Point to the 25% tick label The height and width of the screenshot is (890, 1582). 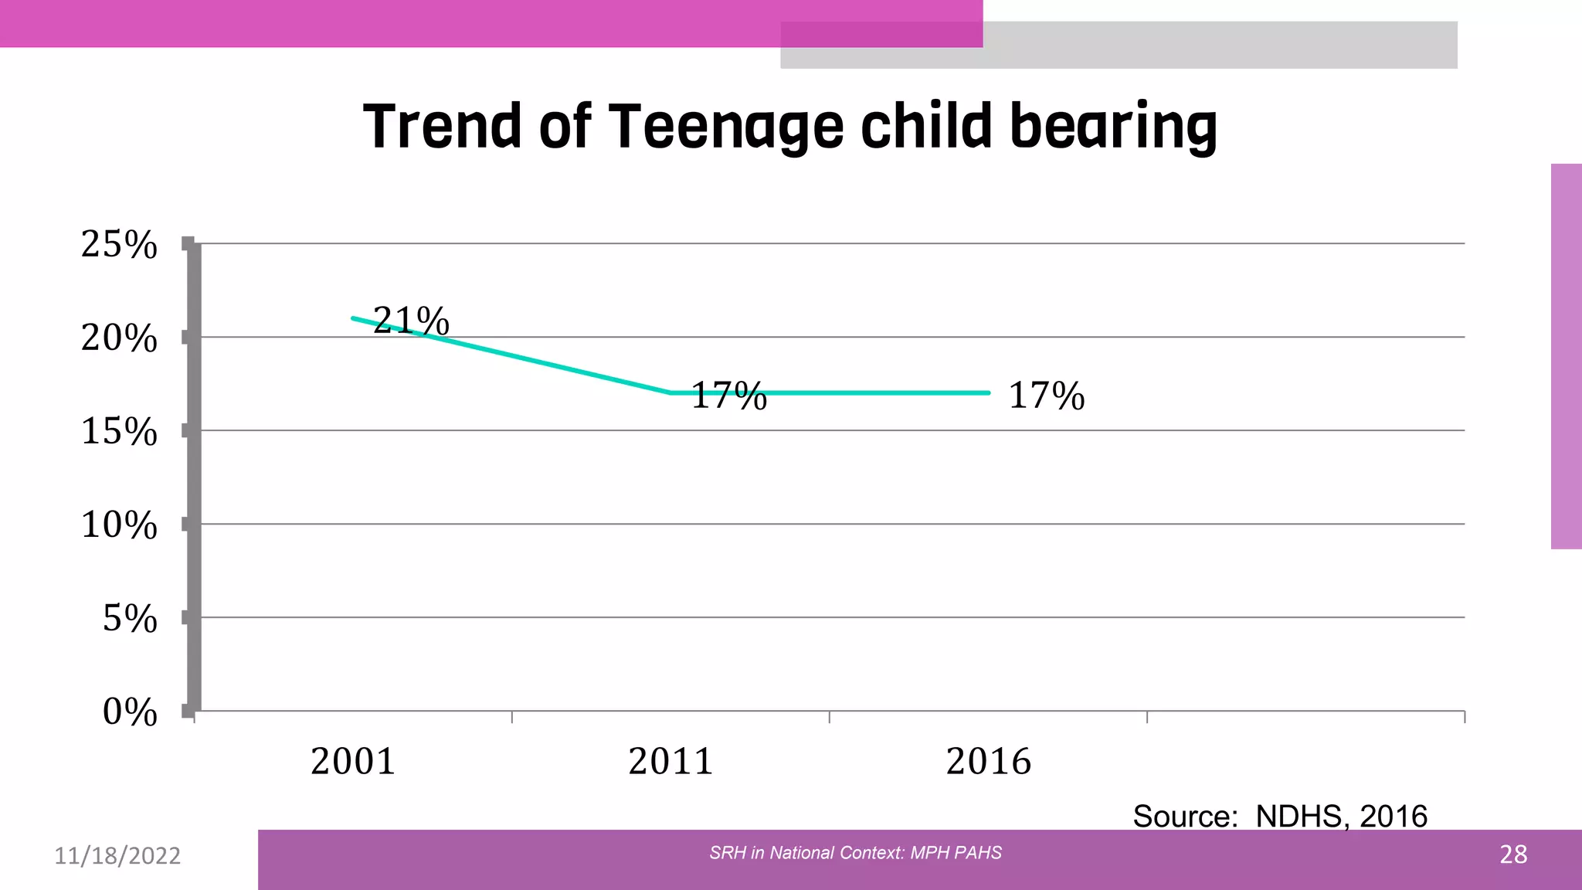coord(119,245)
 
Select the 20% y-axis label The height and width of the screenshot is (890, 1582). coord(119,338)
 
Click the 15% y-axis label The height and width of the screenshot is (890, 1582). coord(119,431)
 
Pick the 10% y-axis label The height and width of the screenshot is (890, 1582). coord(119,525)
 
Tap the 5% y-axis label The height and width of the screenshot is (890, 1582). coord(130,619)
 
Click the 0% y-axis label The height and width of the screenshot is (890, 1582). coord(130,712)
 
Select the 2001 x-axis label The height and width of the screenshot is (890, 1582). coord(353,762)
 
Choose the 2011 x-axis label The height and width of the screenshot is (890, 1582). coord(670,762)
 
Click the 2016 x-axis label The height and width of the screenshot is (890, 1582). coord(988,762)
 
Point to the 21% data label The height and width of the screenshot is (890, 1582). coord(411,321)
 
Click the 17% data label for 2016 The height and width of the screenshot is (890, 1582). coord(1047,396)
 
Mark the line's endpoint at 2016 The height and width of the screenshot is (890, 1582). coord(988,393)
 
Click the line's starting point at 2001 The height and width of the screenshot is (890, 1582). coord(354,318)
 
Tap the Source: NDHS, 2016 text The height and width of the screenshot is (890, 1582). coord(1280,816)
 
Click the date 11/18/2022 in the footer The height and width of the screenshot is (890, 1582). coord(117,856)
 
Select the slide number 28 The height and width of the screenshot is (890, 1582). coord(1513,854)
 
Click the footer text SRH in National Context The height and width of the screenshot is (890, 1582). coord(855,853)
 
